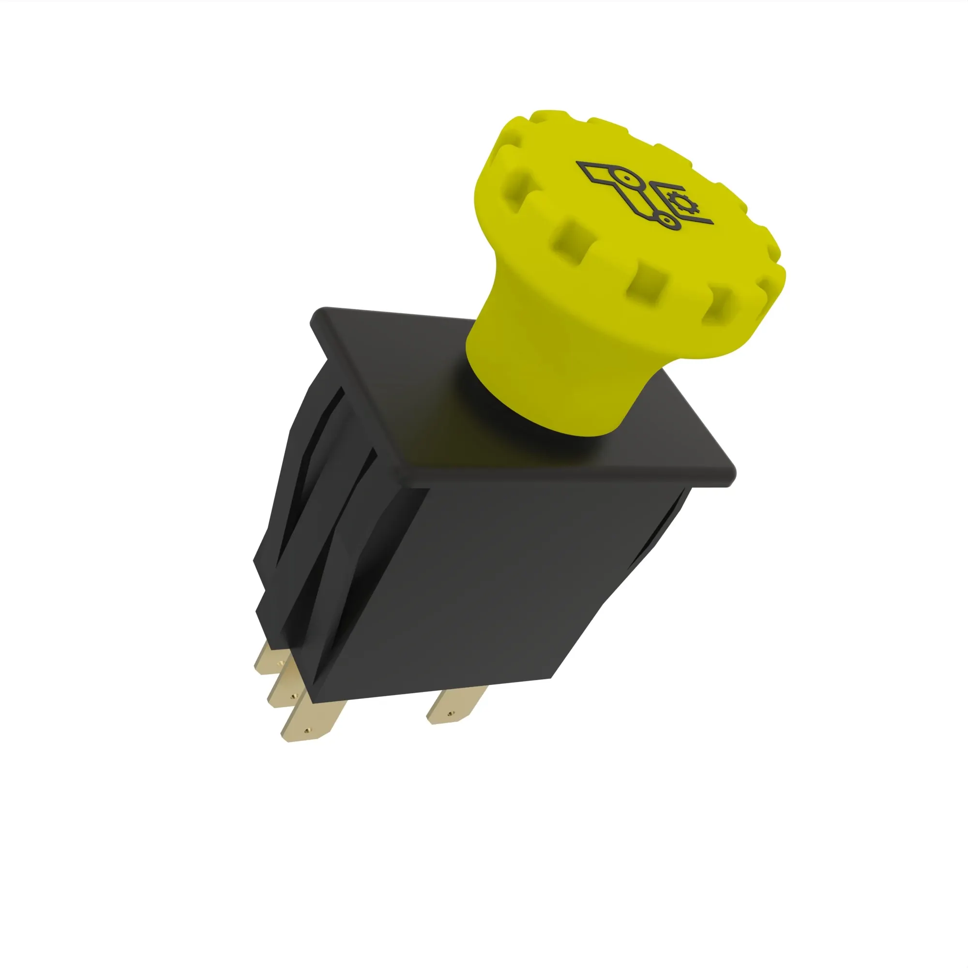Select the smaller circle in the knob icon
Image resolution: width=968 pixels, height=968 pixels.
(x=666, y=219)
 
